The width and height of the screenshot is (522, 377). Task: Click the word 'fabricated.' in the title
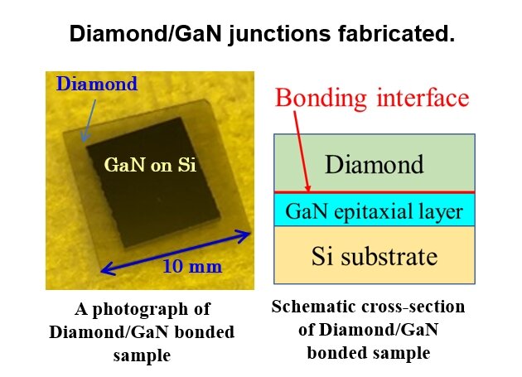tap(404, 35)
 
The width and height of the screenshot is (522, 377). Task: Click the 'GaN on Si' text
tap(149, 164)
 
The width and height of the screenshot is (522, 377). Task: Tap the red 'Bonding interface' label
tap(372, 98)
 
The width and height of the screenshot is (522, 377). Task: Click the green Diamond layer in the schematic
tap(375, 162)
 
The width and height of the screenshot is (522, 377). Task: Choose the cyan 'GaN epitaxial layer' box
tap(375, 210)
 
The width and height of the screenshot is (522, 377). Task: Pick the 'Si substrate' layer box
tap(375, 255)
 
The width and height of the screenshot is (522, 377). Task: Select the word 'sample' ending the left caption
tap(142, 355)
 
